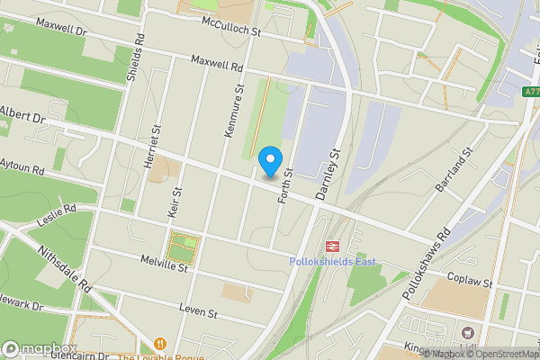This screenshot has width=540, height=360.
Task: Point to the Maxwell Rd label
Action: click(x=217, y=64)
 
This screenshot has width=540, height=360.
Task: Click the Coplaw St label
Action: click(x=472, y=283)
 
